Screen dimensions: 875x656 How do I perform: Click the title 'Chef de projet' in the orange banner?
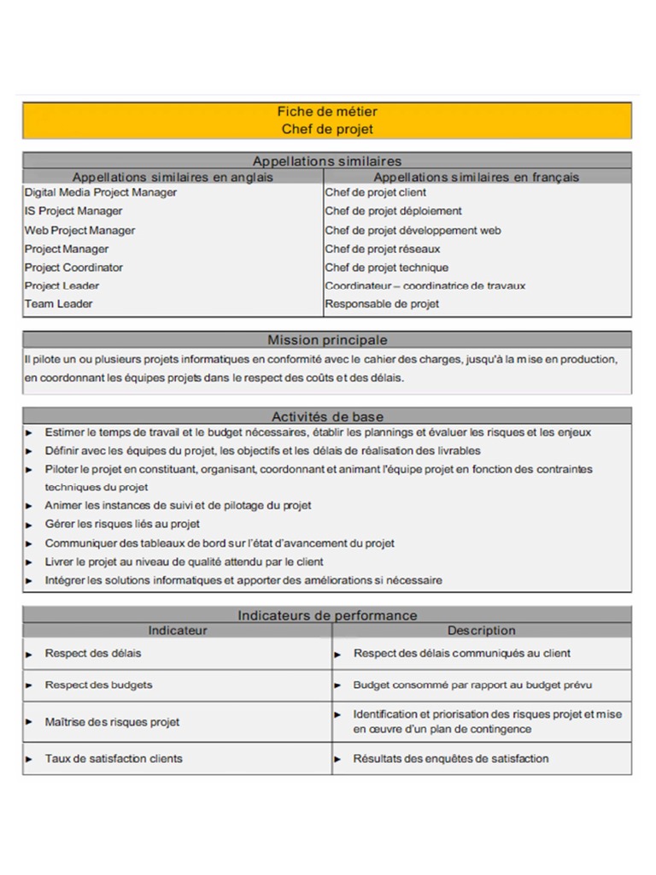(x=327, y=129)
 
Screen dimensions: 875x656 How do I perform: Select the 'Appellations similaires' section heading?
(x=327, y=161)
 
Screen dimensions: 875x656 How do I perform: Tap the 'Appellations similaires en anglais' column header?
(x=173, y=177)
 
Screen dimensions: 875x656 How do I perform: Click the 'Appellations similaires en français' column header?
(x=476, y=177)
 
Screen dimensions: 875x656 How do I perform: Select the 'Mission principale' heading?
(x=327, y=340)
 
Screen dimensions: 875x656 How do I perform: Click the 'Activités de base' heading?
(x=327, y=416)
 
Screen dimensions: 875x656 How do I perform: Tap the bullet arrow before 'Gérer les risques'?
(x=29, y=525)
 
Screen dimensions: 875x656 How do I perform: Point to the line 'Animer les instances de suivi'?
(x=178, y=505)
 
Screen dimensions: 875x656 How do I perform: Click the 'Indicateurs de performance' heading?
(x=327, y=615)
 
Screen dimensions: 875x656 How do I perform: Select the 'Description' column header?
(x=481, y=631)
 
